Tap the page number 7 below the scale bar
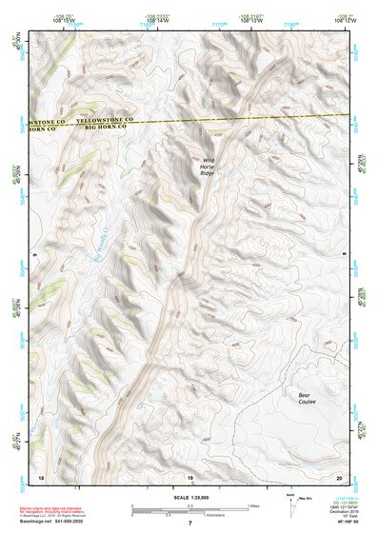[x=189, y=524]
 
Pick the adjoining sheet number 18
[x=39, y=476]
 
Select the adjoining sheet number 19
[x=189, y=476]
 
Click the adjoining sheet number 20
[x=338, y=476]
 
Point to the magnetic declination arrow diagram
[x=292, y=508]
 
